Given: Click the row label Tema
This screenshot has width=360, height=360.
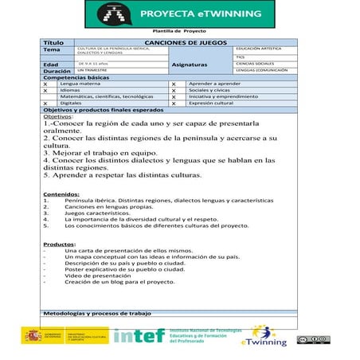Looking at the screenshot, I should click(53, 50).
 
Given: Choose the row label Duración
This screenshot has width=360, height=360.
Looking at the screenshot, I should click(56, 71).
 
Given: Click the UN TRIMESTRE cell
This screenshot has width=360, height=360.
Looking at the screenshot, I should click(93, 71).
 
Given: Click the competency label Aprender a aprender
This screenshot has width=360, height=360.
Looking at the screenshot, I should click(215, 84).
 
